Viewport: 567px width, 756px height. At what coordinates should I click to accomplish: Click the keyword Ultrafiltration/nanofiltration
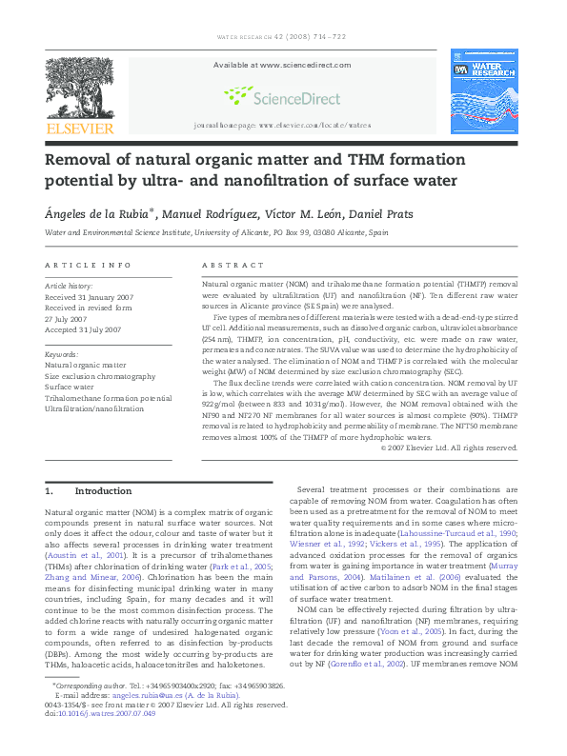(94, 408)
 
